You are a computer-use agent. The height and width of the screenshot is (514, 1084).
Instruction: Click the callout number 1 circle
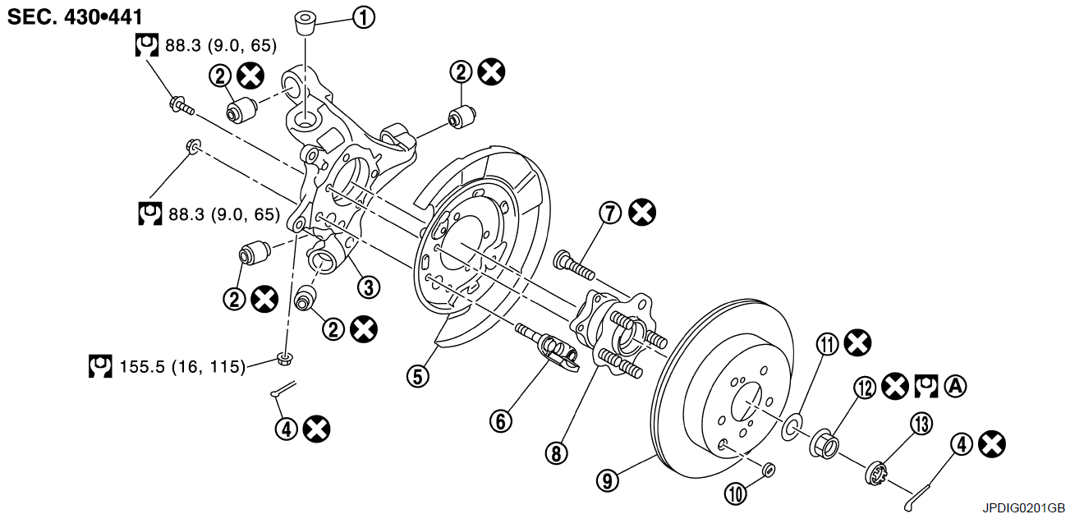pos(364,18)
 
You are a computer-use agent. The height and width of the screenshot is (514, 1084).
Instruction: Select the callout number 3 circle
pos(369,287)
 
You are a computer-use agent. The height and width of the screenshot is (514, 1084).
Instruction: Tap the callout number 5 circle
pos(418,376)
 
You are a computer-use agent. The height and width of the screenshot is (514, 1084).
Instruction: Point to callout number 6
pos(501,420)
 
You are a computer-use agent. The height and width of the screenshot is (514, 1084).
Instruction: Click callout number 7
pos(610,213)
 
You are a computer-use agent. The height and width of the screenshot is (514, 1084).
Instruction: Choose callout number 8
pos(557,453)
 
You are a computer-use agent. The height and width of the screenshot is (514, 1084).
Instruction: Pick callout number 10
pos(736,494)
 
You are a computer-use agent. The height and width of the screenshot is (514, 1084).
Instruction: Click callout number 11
pos(828,345)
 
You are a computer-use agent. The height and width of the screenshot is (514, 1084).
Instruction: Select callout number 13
pos(921,424)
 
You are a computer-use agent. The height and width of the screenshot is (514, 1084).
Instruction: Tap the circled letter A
pos(956,386)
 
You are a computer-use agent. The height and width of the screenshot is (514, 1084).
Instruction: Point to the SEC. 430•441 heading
pos(75,17)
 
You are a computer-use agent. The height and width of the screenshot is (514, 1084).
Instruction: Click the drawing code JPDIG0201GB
pos(1023,507)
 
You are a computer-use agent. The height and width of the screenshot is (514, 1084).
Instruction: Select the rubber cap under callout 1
pos(305,22)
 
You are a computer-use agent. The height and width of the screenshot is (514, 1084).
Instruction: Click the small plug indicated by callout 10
pos(768,470)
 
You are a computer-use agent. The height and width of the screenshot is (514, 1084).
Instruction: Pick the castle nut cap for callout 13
pos(875,473)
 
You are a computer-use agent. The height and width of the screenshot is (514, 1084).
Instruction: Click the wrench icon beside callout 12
pos(926,387)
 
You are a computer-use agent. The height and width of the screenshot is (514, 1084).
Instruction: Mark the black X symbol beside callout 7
pos(642,213)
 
